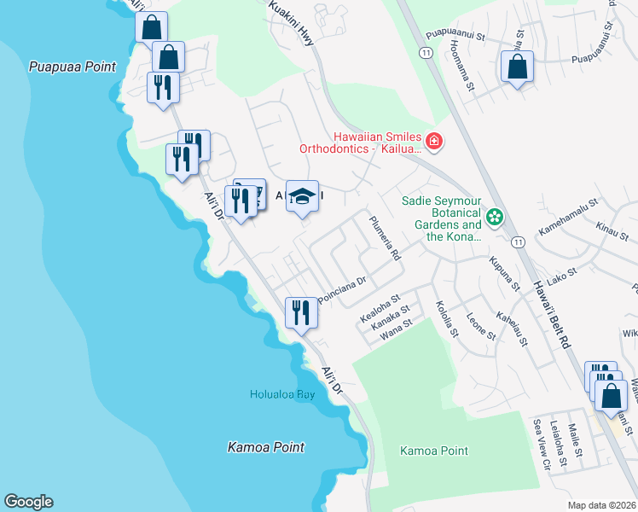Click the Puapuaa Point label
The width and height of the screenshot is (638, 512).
coord(72,66)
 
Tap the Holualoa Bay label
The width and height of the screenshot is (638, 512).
coord(283,394)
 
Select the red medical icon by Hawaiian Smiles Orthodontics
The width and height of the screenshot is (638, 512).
coord(434,141)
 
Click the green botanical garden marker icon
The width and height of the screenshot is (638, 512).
coord(494,218)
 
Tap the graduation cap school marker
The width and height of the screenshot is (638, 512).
coord(301,197)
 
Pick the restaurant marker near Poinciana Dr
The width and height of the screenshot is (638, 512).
coord(300,312)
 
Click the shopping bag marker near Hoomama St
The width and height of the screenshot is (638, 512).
coord(517,67)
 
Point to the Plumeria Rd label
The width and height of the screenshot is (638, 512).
coord(384,238)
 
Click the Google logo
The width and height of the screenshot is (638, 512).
coord(28,502)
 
